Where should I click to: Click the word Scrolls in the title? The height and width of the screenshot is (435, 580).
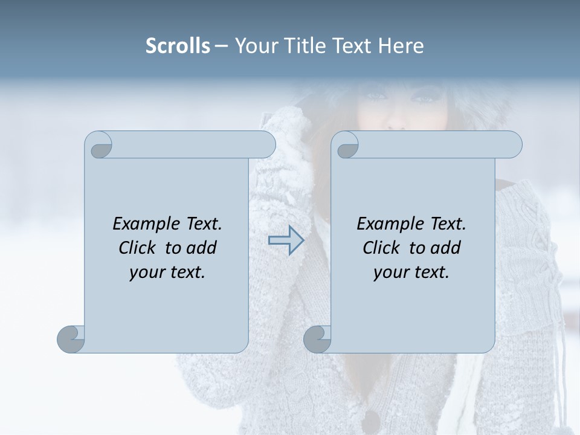[178, 46]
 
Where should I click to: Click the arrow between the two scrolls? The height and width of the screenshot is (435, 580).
[286, 240]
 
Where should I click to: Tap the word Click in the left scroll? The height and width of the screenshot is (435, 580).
[137, 248]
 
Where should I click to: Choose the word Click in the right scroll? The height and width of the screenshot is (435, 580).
[381, 248]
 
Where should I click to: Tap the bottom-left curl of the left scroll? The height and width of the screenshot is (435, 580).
[71, 340]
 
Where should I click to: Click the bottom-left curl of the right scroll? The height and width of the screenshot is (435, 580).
[317, 340]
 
